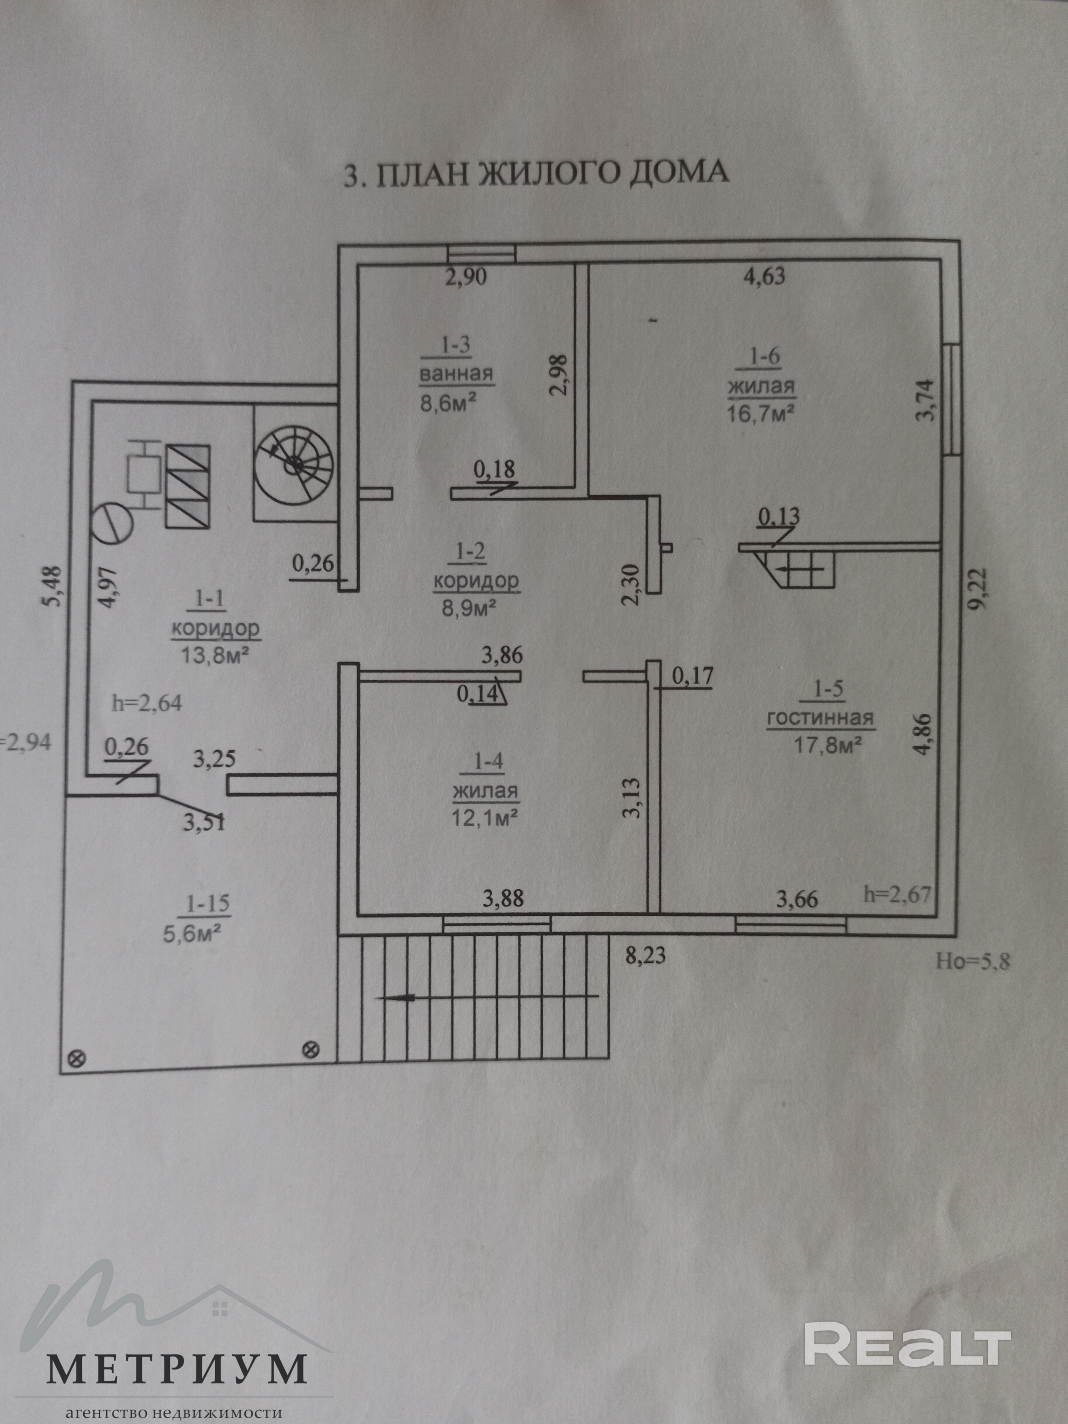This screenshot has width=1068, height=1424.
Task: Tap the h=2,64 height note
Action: coord(147,702)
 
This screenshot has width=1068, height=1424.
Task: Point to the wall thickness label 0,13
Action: coord(779,516)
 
